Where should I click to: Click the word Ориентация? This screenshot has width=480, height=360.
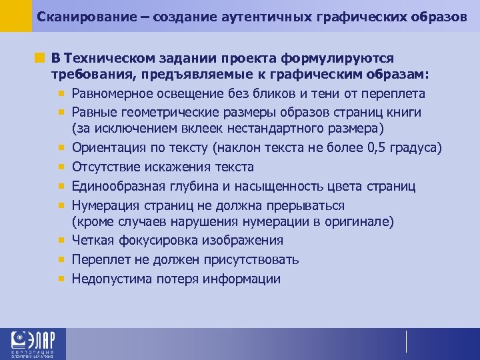104,147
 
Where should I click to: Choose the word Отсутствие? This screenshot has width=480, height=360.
106,166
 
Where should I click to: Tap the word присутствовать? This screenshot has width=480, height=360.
249,259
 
